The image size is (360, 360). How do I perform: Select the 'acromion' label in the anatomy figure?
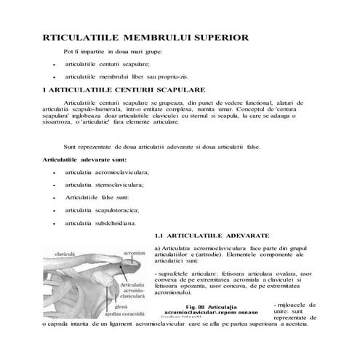click(x=135, y=253)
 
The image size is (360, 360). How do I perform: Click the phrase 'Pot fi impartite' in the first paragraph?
click(x=88, y=52)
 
